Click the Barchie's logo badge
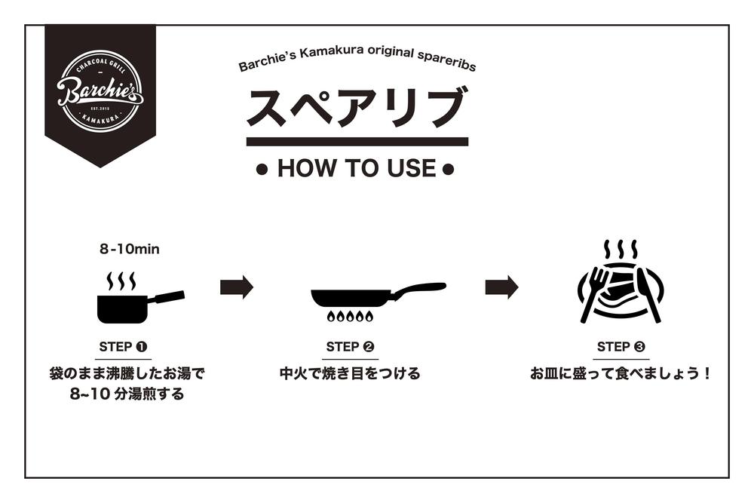(x=100, y=91)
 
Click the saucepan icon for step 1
(x=124, y=306)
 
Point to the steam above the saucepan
(x=121, y=281)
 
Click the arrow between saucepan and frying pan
(x=236, y=287)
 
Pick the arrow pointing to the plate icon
(x=501, y=287)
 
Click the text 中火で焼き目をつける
(x=350, y=373)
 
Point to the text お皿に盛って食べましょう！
(x=621, y=373)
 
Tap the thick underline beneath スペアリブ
(x=357, y=142)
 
